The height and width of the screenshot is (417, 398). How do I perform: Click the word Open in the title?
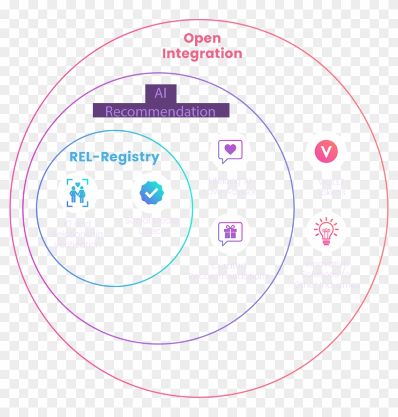(202, 38)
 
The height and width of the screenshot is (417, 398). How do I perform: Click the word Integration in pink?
(202, 53)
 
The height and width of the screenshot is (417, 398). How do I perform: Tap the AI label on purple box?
(161, 93)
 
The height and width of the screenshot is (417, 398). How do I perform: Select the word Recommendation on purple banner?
(160, 112)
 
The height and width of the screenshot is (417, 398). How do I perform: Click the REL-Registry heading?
(114, 157)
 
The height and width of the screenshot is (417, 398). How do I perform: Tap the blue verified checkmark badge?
(151, 192)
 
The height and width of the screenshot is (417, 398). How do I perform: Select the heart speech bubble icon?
(230, 151)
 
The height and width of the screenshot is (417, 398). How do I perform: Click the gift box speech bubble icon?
(230, 233)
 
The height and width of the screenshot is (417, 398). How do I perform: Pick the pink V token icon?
(326, 152)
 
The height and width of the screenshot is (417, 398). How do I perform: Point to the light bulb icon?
(326, 231)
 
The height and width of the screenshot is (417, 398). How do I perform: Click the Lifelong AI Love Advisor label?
(230, 187)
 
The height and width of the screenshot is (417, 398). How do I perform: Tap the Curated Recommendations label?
(229, 271)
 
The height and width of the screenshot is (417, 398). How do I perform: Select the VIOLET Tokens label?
(331, 187)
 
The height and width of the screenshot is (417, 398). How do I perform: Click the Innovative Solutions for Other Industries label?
(326, 274)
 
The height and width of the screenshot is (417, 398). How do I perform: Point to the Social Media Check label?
(152, 226)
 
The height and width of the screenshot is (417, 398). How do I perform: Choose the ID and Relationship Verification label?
(77, 234)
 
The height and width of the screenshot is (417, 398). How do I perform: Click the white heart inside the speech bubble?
(230, 149)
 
